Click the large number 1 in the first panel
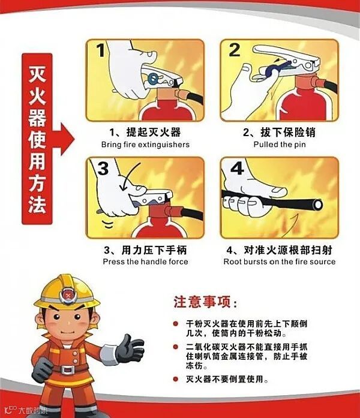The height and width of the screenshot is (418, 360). (101, 50)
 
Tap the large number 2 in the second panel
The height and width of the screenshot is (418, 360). (235, 50)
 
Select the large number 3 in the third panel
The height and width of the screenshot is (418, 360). (103, 169)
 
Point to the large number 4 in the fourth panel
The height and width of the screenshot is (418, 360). (237, 169)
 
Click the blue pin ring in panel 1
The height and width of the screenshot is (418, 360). (153, 78)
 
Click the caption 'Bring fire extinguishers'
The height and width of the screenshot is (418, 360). (145, 145)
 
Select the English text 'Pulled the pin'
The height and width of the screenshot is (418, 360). (280, 145)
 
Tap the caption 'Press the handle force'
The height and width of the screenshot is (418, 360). (145, 261)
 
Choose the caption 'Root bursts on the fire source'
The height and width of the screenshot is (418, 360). (280, 261)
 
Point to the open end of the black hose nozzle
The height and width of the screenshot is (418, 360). (318, 205)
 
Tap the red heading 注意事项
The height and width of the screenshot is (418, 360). (202, 302)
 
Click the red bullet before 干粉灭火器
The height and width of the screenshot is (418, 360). (175, 324)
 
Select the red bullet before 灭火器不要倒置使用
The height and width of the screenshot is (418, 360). (175, 379)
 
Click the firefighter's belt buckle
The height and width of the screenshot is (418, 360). (67, 369)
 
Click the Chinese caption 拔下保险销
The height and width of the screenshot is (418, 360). (288, 132)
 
